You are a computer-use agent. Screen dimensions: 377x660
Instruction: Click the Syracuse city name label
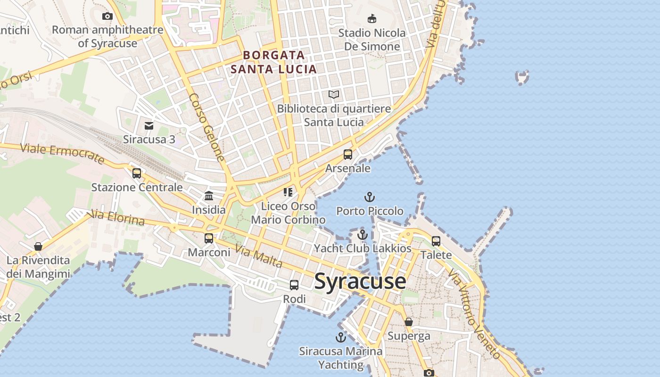point(360,281)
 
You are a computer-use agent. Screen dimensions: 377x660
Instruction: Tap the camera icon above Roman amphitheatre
point(107,16)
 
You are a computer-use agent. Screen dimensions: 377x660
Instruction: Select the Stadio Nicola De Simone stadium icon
point(372,18)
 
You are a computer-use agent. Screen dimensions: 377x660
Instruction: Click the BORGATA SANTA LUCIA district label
point(273,62)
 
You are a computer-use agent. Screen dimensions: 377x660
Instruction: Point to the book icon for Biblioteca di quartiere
point(334,95)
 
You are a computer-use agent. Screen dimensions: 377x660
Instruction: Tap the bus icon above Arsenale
point(348,154)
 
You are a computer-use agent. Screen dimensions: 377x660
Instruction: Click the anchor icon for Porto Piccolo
point(370,197)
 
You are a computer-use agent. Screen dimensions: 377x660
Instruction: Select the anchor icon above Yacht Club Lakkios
point(362,234)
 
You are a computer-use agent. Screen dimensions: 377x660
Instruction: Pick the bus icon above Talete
point(436,241)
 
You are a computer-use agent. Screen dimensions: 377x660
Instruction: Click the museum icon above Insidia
point(209,196)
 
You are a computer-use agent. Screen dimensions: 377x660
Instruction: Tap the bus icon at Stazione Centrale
point(137,173)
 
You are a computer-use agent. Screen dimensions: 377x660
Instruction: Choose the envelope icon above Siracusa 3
point(149,125)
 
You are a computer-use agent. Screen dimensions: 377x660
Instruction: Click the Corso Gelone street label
point(207,127)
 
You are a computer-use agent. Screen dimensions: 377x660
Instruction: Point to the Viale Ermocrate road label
point(63,154)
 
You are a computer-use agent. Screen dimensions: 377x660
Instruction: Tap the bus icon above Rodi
point(294,285)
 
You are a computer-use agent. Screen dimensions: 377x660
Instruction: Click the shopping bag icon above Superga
point(409,322)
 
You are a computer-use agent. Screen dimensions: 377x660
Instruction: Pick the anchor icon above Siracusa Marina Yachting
point(340,337)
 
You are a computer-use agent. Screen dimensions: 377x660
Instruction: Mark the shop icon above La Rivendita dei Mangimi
point(38,246)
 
